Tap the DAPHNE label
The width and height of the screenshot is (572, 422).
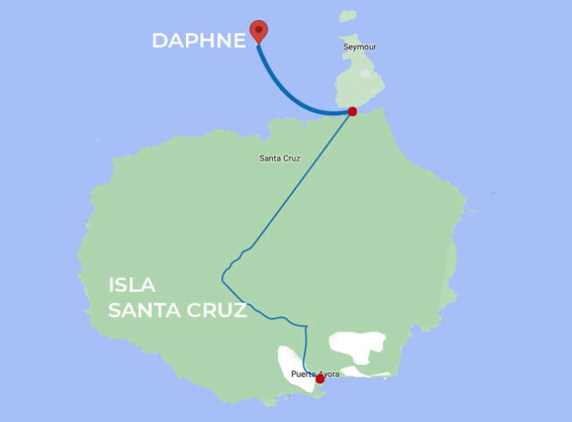(199, 41)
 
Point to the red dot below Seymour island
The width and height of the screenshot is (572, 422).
(352, 111)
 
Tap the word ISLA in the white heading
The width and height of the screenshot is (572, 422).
(133, 286)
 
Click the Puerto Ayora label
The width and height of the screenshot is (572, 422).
(315, 373)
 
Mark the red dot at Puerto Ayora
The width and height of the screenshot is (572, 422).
(319, 379)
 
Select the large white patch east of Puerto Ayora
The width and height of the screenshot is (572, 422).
(356, 345)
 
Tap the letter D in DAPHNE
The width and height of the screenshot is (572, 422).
(159, 41)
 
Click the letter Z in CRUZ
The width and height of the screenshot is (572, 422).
(239, 311)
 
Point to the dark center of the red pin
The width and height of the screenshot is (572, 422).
(259, 29)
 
